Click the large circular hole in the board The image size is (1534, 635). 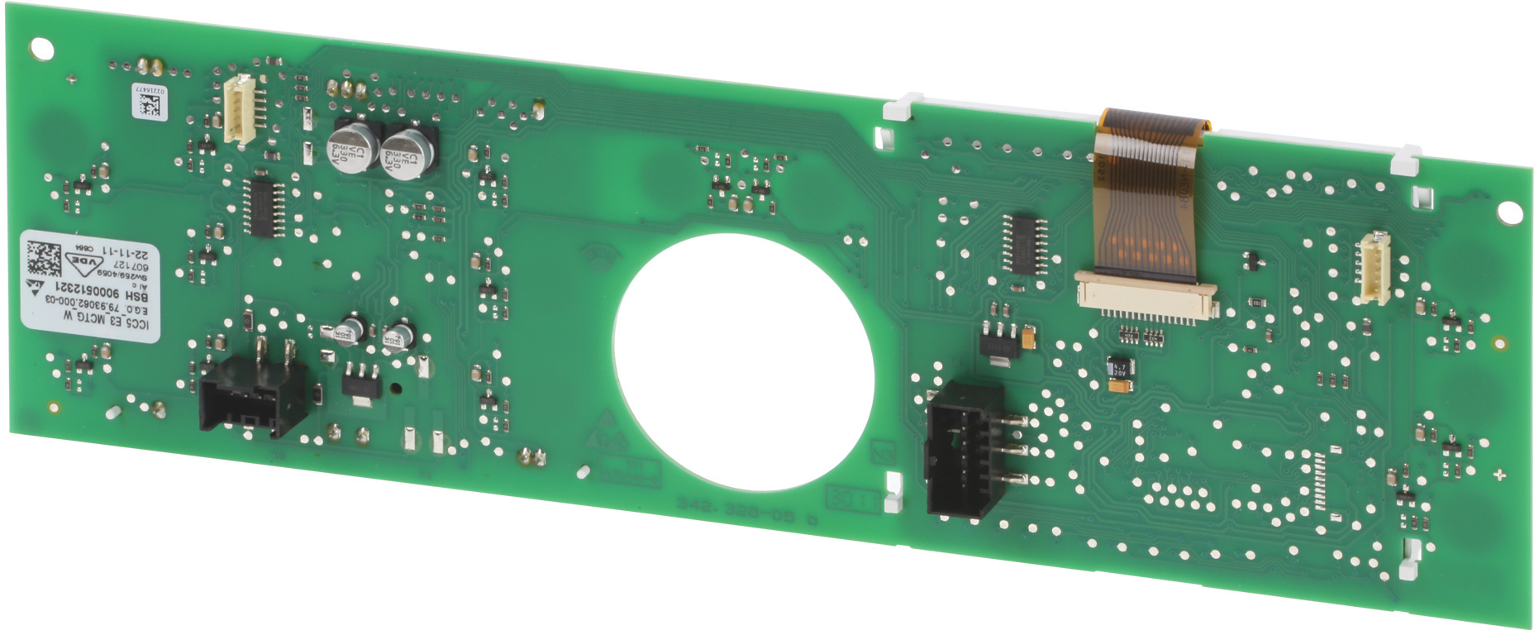(x=743, y=361)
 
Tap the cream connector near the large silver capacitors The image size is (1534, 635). (x=241, y=110)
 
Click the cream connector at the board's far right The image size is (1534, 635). (x=1374, y=267)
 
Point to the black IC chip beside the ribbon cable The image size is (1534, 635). (x=1025, y=242)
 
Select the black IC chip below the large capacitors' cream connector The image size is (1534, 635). (x=264, y=206)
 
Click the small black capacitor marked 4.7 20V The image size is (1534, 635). (x=1120, y=369)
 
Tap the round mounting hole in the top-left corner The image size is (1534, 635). (x=41, y=49)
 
